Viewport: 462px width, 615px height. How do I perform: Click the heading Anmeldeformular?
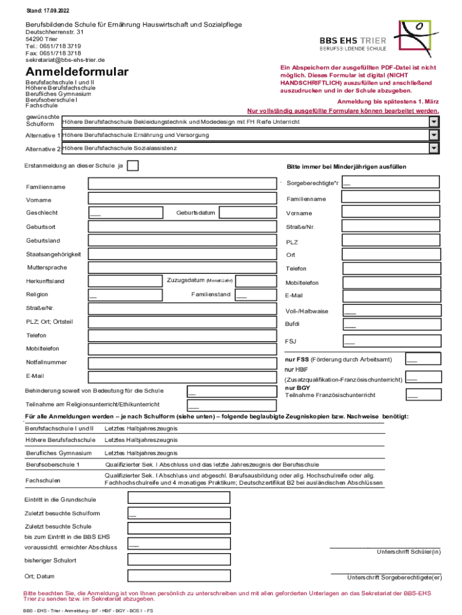click(77, 72)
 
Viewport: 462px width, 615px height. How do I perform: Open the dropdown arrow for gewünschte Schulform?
click(434, 122)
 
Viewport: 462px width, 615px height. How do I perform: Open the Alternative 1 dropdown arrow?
click(434, 135)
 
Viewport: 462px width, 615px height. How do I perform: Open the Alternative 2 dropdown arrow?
click(434, 148)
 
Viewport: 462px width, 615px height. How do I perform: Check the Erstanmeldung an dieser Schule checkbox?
click(133, 166)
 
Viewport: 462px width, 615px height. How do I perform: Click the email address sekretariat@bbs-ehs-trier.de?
click(65, 60)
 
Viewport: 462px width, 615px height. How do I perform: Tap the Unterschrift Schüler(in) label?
click(408, 551)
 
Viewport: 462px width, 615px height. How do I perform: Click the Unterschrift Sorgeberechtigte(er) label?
click(394, 578)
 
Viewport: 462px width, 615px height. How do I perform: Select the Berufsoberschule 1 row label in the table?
click(53, 465)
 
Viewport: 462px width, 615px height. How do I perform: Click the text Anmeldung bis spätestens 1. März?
click(388, 101)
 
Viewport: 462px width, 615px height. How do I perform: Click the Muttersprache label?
click(47, 267)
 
